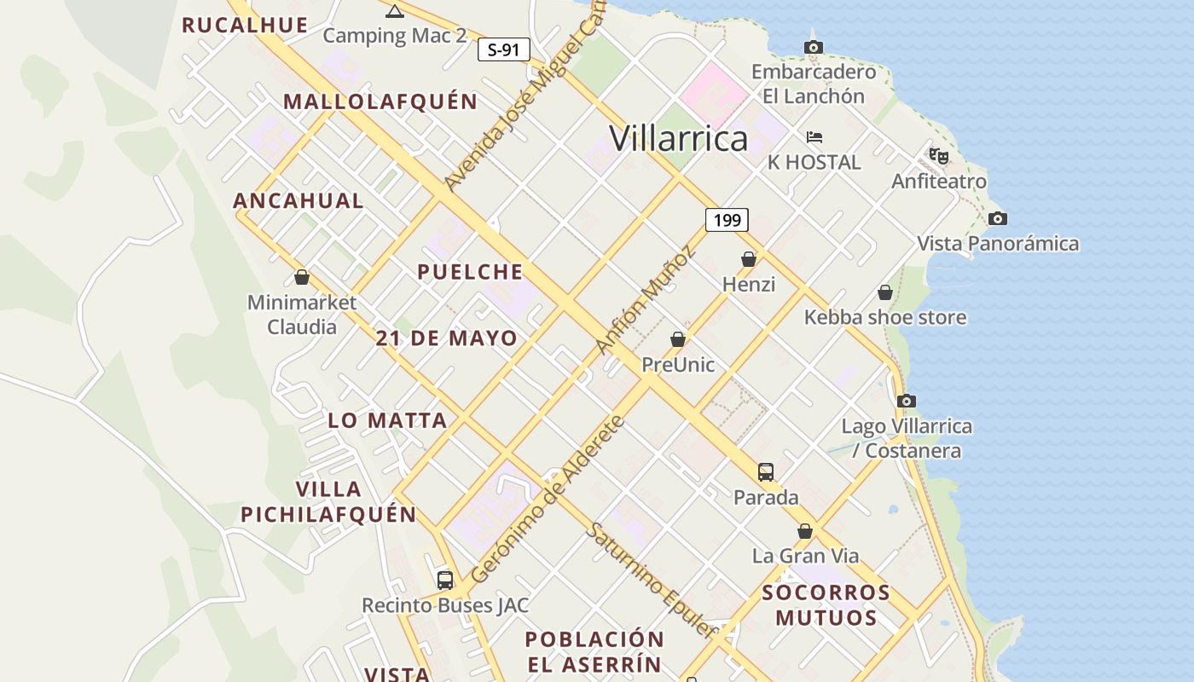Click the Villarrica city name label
[679, 138]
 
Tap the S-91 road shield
[503, 49]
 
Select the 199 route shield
[727, 220]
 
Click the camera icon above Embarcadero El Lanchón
[814, 48]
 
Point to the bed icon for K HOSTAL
[814, 137]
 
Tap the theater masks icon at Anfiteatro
[939, 156]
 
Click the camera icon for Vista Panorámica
[997, 219]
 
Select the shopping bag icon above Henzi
[749, 259]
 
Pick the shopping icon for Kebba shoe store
[885, 292]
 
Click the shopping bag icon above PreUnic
[678, 339]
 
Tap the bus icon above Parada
[766, 471]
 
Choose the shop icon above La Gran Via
[805, 531]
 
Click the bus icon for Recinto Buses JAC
[445, 581]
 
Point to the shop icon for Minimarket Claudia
[301, 277]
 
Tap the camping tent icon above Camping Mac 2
[394, 11]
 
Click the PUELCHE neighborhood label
[470, 272]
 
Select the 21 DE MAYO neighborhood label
[446, 338]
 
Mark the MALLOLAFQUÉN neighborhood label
[380, 101]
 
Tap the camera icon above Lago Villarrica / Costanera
[907, 401]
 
